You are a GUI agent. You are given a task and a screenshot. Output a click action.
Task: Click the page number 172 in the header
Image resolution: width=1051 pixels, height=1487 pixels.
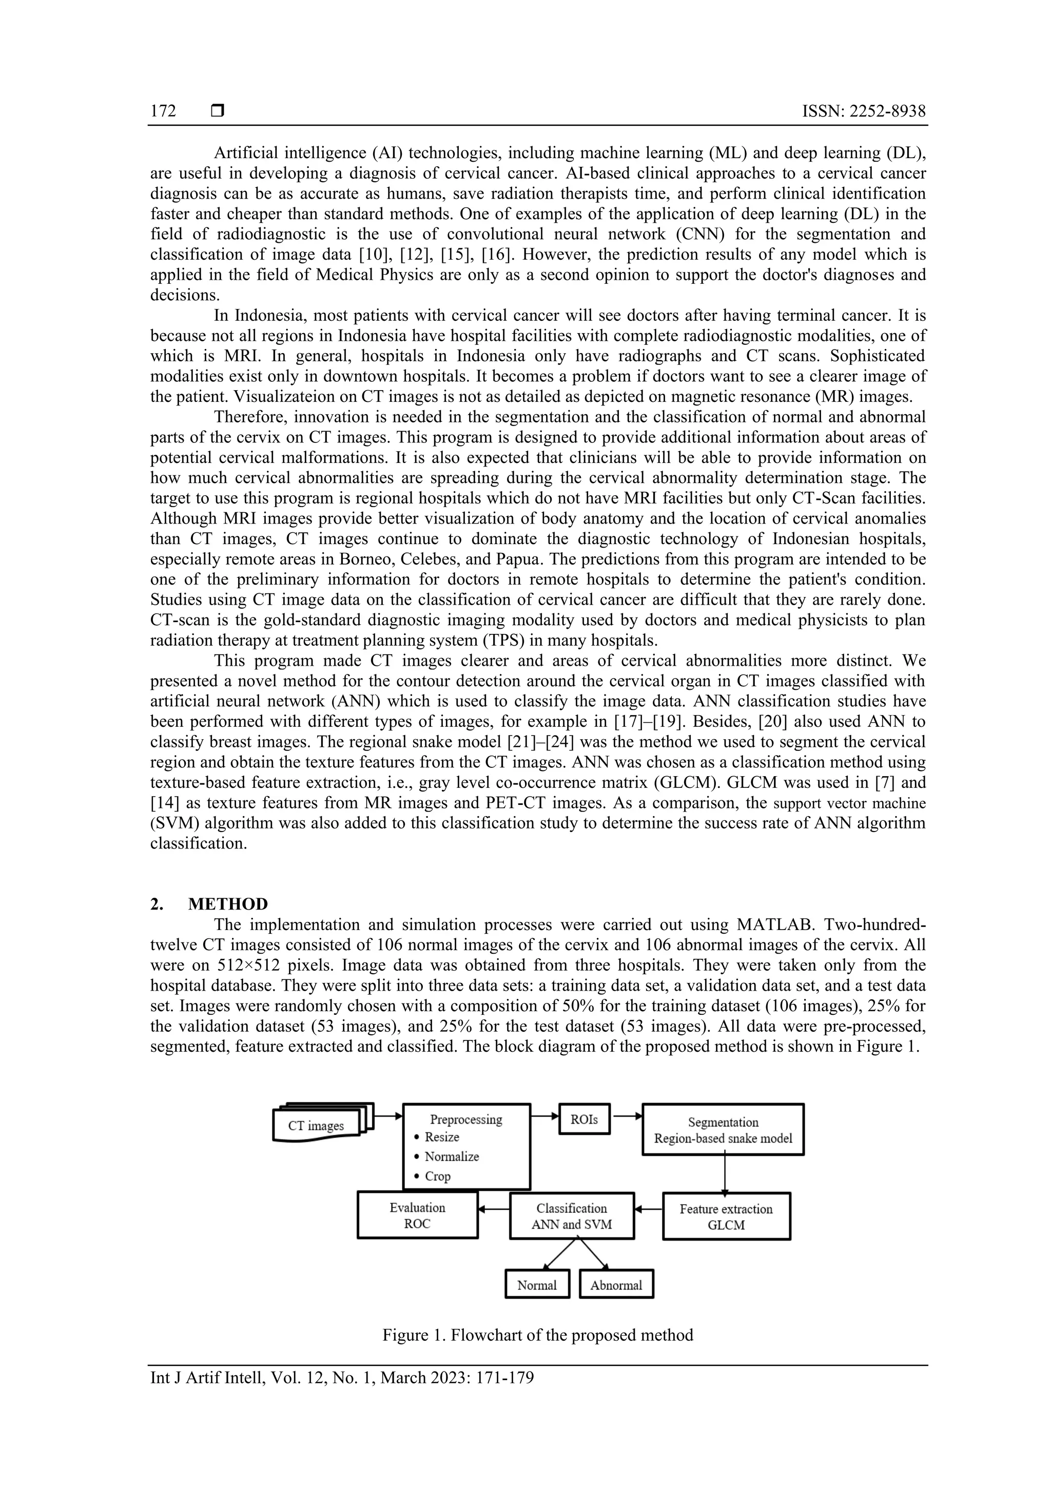[163, 111]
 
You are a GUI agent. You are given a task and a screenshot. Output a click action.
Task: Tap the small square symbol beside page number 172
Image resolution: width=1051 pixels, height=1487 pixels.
[218, 111]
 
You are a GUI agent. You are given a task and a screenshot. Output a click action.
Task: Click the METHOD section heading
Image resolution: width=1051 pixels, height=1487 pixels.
[228, 903]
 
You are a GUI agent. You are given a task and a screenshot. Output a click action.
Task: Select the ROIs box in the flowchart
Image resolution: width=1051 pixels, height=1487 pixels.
[584, 1119]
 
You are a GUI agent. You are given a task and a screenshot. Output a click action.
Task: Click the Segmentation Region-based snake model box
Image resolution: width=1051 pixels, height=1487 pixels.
[723, 1130]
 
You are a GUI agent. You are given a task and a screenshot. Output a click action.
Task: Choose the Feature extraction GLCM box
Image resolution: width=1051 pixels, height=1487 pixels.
[726, 1217]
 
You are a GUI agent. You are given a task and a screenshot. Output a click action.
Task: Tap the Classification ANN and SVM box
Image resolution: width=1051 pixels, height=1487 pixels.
[572, 1216]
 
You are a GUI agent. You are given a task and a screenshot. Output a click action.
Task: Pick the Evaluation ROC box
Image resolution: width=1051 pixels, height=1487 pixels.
[418, 1215]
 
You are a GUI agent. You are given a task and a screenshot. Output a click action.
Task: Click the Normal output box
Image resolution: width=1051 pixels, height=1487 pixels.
[537, 1286]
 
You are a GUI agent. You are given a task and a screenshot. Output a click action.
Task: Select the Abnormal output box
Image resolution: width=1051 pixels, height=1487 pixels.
[616, 1286]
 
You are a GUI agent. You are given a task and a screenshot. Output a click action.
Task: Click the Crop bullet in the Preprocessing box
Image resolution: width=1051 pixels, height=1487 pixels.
[437, 1176]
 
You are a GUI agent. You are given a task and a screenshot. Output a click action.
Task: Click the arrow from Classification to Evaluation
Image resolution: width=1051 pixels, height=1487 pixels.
[494, 1208]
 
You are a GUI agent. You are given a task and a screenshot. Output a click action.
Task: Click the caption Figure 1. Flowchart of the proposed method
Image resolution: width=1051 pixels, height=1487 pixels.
[537, 1335]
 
